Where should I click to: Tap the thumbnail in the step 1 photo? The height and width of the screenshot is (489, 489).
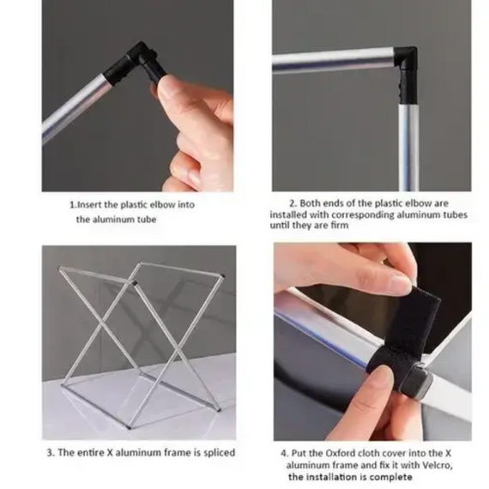[166, 85]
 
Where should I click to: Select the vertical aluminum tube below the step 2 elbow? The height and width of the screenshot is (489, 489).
[409, 148]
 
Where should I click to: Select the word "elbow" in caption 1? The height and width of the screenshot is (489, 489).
[162, 205]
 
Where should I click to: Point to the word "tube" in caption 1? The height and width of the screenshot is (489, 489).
[147, 220]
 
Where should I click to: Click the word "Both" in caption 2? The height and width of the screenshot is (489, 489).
[310, 203]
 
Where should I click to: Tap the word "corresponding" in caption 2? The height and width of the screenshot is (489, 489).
[359, 215]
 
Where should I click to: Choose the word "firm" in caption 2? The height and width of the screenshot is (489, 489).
[340, 225]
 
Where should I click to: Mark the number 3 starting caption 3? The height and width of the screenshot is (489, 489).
[49, 453]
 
